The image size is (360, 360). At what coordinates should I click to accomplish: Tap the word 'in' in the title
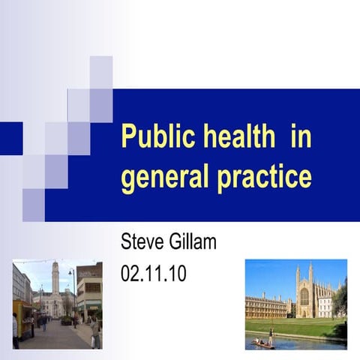[301, 139]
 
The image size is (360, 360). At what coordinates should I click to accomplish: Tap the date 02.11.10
[153, 273]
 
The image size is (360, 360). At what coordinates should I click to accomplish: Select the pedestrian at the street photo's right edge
[95, 331]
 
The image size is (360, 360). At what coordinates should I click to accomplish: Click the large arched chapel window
[304, 297]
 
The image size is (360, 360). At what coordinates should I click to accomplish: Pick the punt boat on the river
[263, 343]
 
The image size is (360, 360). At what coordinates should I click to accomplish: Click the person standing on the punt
[271, 337]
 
